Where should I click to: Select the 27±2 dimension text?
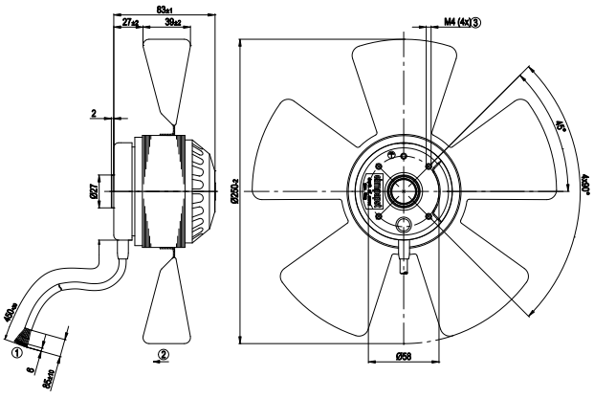coord(130,20)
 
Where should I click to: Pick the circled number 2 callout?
coord(165,353)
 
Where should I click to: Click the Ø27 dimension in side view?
coord(94,191)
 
